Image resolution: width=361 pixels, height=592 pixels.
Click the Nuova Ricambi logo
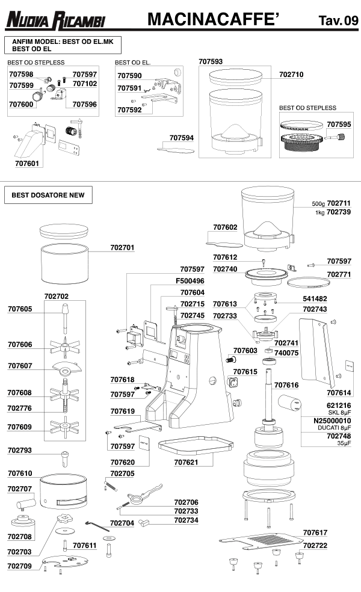[55, 20]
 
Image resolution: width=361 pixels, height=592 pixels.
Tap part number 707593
[211, 61]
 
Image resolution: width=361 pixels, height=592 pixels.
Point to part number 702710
[291, 75]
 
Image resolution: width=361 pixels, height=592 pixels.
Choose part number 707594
[182, 138]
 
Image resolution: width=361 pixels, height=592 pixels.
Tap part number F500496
[190, 281]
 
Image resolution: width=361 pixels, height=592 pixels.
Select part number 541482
[315, 298]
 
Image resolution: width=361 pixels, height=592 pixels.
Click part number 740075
[287, 353]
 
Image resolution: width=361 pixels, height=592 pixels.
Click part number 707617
[315, 532]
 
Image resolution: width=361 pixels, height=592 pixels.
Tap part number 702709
[20, 566]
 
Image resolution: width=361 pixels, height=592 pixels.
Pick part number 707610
[20, 474]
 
